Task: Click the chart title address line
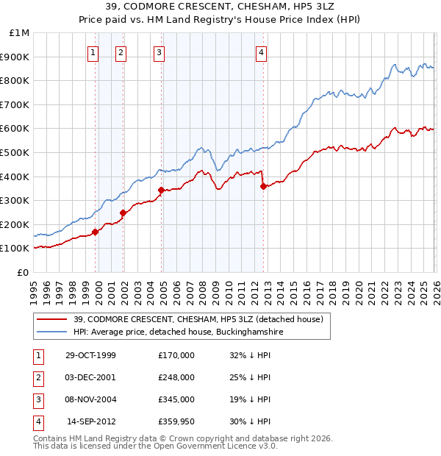click(x=220, y=8)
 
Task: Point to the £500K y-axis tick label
click(x=16, y=153)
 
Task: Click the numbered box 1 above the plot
click(x=94, y=52)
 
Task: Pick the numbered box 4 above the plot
click(x=261, y=52)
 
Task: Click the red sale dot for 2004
click(x=161, y=190)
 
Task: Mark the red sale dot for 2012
click(x=263, y=186)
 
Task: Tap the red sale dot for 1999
click(x=96, y=232)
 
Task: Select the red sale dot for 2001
click(x=123, y=213)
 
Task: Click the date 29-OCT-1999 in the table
click(x=90, y=355)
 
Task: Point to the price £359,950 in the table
click(x=176, y=421)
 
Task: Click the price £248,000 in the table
click(x=176, y=377)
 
